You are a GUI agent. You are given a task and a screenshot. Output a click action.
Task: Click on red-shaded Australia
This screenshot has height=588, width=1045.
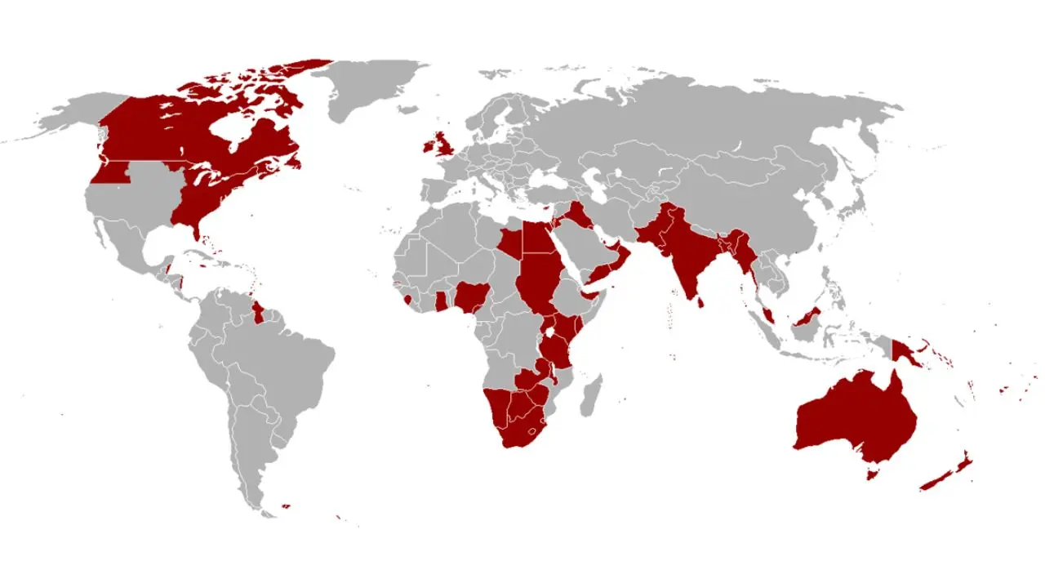pos(853,416)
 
